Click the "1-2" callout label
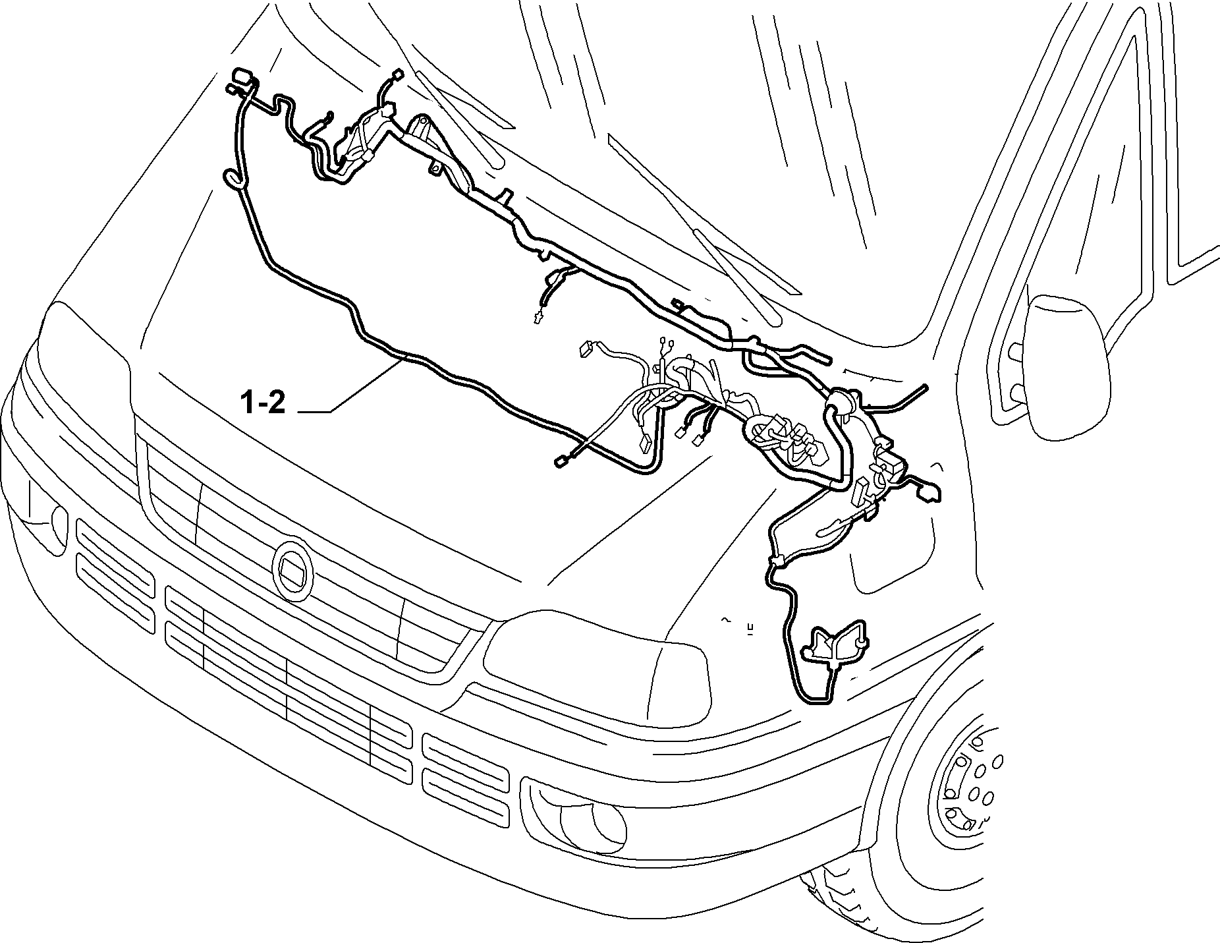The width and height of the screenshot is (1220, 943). [x=262, y=403]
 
